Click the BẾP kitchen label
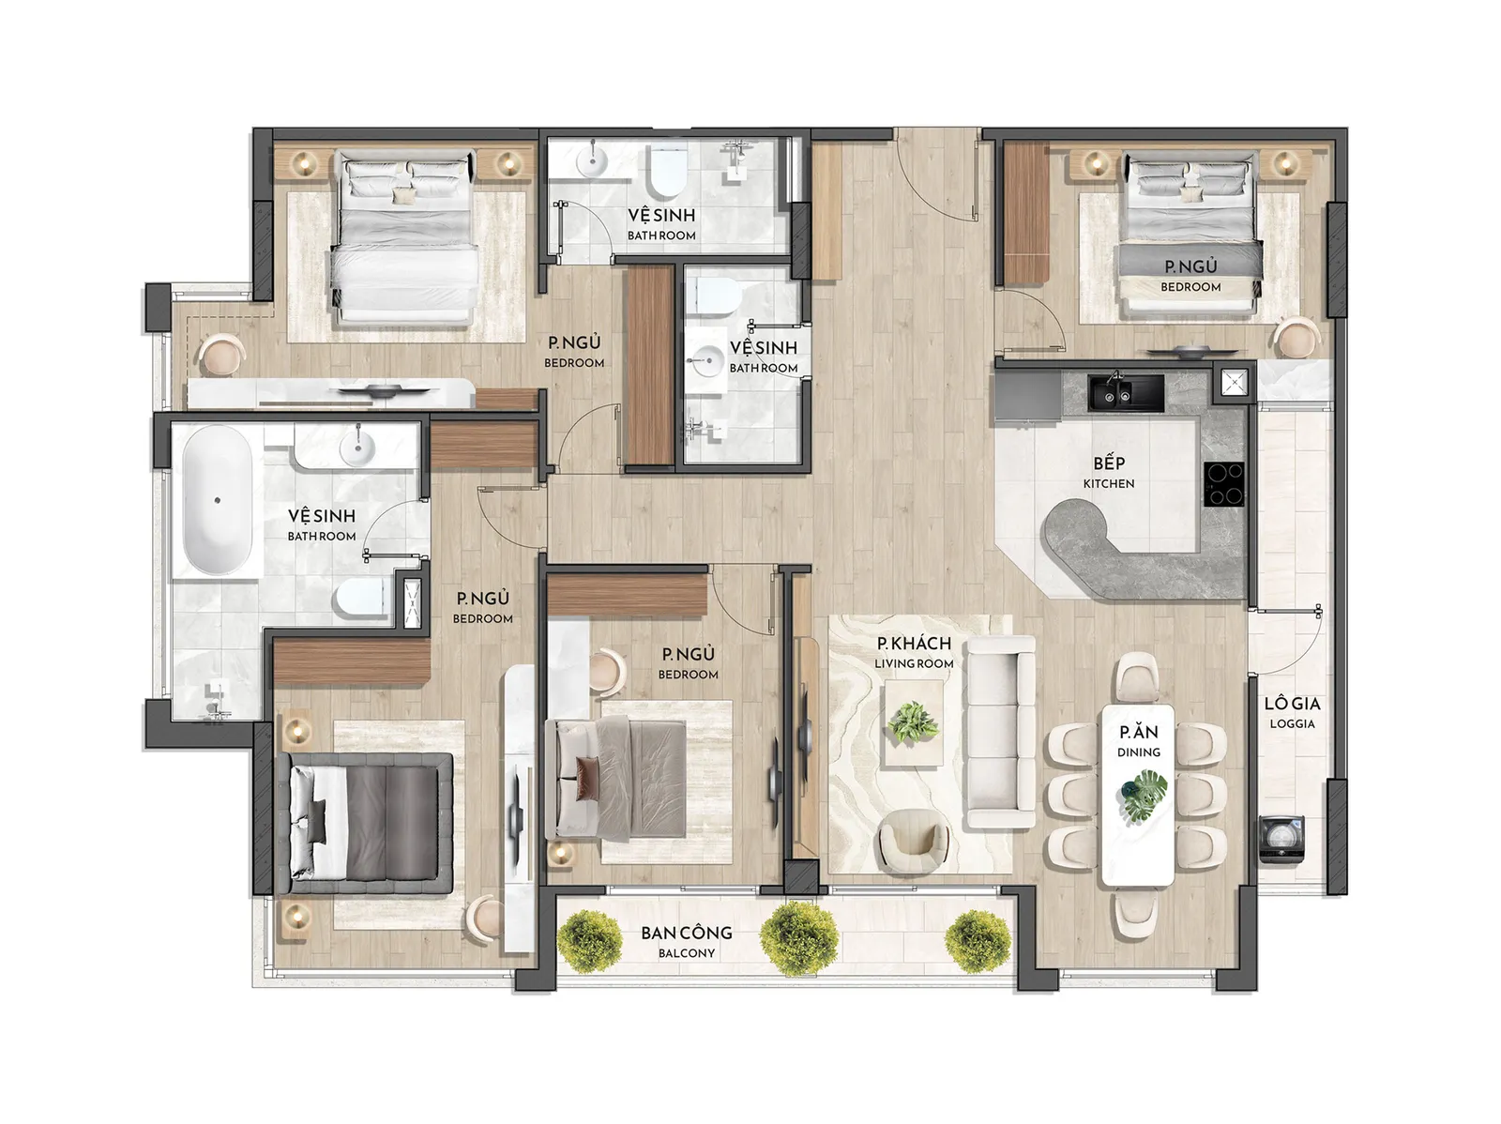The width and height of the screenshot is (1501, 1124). [x=1108, y=472]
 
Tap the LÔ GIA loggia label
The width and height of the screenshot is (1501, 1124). [x=1292, y=712]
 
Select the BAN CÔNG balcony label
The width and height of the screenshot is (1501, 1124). [x=687, y=941]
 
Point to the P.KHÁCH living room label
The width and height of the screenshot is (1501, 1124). [x=914, y=652]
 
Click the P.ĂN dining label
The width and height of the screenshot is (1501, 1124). [x=1139, y=741]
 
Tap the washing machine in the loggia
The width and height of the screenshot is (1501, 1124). [x=1281, y=839]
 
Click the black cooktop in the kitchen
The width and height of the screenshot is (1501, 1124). [x=1223, y=483]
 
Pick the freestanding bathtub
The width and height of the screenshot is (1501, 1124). [x=217, y=500]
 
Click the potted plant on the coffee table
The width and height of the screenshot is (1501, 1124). [x=912, y=722]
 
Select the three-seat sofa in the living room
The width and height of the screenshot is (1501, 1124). [x=999, y=732]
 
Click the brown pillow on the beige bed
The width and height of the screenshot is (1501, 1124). [x=586, y=778]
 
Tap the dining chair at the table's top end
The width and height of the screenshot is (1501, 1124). [x=1138, y=676]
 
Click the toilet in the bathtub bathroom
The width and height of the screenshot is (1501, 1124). [x=359, y=599]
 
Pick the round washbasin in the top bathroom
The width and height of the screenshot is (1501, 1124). [x=592, y=162]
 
